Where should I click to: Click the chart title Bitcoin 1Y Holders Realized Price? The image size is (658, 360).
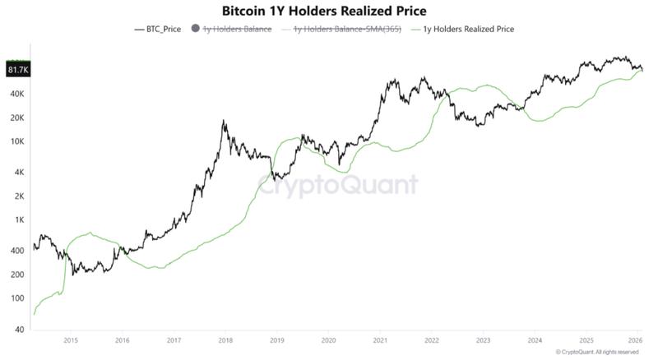tap(324, 11)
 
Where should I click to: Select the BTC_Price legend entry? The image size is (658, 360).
tap(158, 29)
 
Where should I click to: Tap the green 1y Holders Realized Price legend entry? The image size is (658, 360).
tap(468, 29)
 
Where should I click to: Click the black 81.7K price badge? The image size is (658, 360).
tap(18, 70)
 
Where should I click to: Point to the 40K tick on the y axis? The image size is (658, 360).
tap(19, 94)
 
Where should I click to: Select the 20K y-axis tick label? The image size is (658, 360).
tap(19, 118)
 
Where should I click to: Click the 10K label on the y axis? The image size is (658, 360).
tap(19, 141)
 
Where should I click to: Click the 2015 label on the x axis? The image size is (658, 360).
tap(70, 339)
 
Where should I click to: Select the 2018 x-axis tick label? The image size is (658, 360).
tap(225, 339)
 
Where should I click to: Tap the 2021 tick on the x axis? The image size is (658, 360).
tap(379, 339)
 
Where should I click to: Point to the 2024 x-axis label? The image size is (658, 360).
tap(535, 339)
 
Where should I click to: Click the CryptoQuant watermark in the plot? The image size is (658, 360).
tap(337, 186)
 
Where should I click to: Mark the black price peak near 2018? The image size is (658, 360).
tap(224, 122)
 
